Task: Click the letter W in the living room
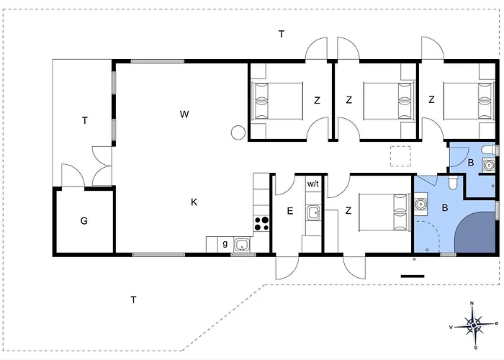pos(184,114)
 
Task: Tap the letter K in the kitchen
pos(194,202)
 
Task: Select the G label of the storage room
pos(84,221)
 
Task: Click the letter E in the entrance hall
pos(290,211)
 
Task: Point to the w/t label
pos(312,184)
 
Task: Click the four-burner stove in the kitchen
pos(261,224)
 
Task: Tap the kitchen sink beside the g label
pos(242,245)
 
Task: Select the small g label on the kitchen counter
pos(225,243)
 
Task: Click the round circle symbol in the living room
pos(238,132)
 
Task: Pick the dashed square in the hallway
pos(400,156)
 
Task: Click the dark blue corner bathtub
pos(476,232)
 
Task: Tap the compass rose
pos(474,326)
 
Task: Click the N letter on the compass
pos(472,303)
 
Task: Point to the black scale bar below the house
pos(413,276)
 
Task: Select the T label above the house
pos(282,34)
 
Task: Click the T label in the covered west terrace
pos(84,120)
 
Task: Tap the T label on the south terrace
pos(133,300)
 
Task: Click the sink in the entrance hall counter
pos(313,213)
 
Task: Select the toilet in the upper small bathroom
pos(489,150)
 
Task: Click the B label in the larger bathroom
pos(445,208)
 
